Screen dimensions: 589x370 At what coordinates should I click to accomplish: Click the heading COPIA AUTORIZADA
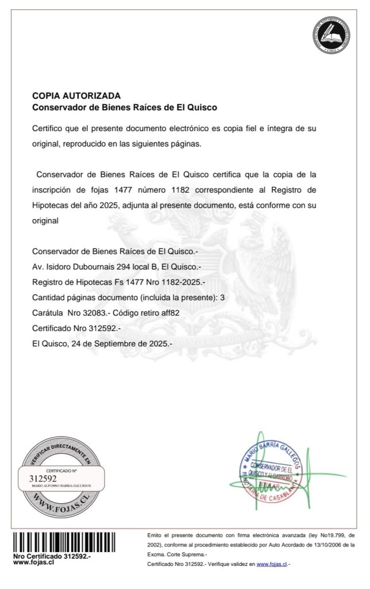tap(76, 95)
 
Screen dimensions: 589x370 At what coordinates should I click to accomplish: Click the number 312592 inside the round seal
tap(43, 478)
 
